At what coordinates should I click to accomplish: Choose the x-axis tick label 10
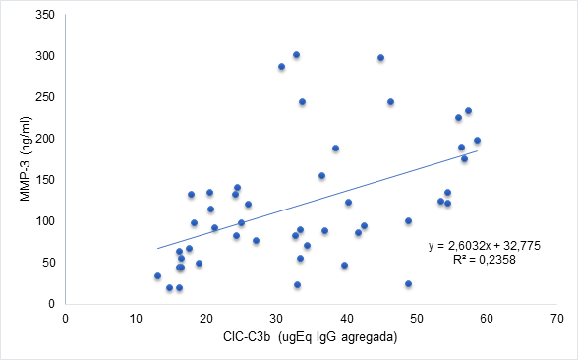point(135,318)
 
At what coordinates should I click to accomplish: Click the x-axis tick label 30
point(275,318)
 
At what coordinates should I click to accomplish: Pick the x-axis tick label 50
point(417,318)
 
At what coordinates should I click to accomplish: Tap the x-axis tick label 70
point(557,318)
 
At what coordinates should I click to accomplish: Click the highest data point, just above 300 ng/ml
point(296,55)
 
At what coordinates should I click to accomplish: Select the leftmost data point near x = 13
point(157,276)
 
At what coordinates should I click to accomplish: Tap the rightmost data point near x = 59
point(477,141)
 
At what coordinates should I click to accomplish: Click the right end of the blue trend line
point(477,150)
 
